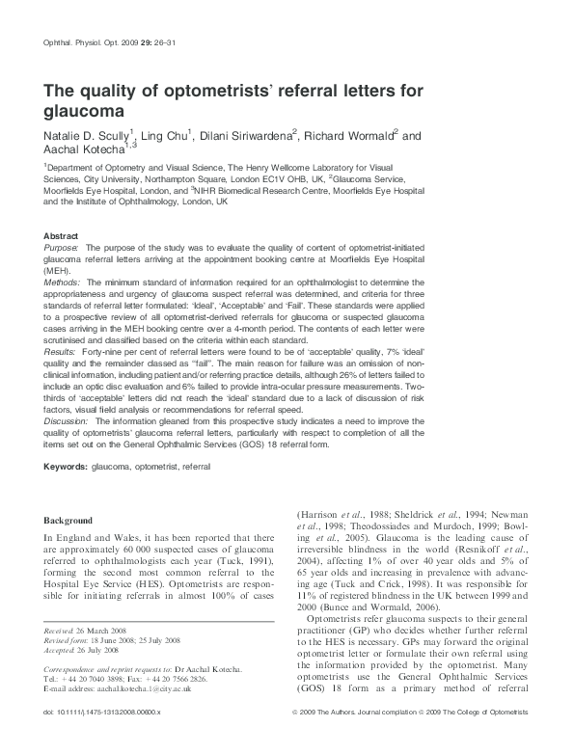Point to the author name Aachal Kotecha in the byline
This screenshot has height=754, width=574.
click(86, 151)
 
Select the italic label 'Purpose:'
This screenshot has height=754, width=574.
click(63, 248)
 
